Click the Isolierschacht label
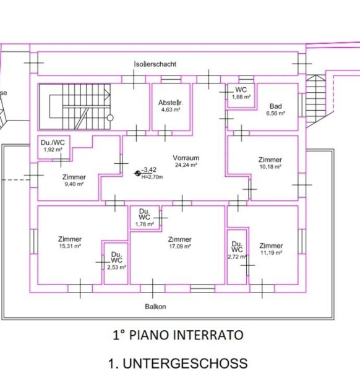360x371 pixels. pos(155,64)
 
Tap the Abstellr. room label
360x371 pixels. pos(171,103)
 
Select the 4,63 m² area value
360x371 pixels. pos(171,110)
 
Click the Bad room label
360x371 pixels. pos(276,106)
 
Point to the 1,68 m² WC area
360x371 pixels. pos(241,97)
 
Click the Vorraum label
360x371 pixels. pos(186,158)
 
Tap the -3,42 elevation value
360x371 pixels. pos(149,169)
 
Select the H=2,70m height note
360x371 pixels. pos(152,177)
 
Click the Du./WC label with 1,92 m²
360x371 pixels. pos(53,142)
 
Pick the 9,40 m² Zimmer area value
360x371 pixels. pos(74,184)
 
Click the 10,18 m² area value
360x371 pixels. pos(270,166)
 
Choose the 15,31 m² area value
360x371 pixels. pos(70,246)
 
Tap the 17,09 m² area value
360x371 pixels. pos(180,246)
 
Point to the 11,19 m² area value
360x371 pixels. pos(272,253)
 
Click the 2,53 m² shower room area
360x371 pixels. pos(117,267)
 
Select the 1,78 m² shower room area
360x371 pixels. pos(145,224)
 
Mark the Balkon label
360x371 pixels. pos(155,307)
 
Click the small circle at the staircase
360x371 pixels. pos(110,118)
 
